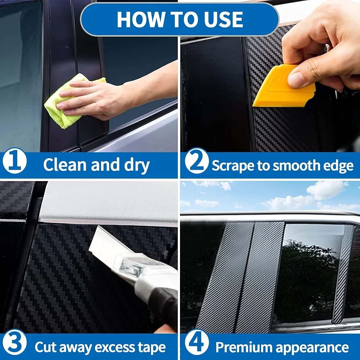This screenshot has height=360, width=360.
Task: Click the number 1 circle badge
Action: pyautogui.click(x=14, y=161)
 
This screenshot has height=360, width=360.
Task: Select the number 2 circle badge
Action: pyautogui.click(x=197, y=161)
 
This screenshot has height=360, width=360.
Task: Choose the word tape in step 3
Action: pyautogui.click(x=151, y=348)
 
